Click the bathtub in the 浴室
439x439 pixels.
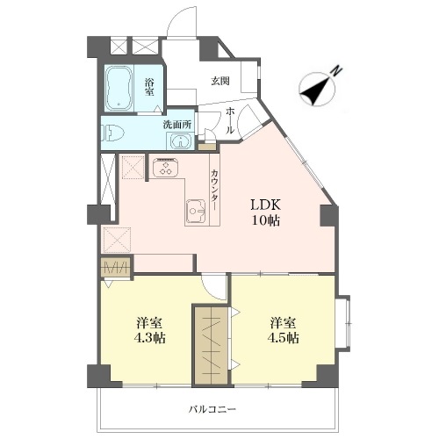[119, 88]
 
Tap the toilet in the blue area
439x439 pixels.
[112, 133]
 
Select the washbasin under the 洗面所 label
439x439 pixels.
[180, 141]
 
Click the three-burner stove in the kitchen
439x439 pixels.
[165, 168]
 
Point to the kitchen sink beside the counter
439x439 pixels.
[197, 211]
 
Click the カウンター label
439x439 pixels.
[214, 190]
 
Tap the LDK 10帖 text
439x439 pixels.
[266, 212]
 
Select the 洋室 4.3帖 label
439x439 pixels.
[149, 330]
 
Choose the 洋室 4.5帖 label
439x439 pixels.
[283, 330]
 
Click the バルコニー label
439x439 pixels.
[212, 409]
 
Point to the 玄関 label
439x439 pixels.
[220, 81]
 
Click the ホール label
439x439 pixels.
[230, 120]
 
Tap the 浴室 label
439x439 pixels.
[149, 87]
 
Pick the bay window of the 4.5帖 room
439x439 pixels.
[343, 322]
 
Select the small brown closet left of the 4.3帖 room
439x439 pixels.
[115, 266]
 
